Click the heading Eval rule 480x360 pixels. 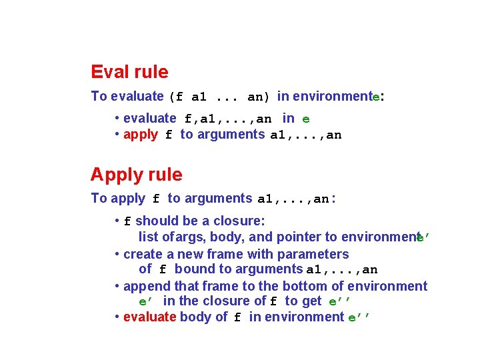(129, 72)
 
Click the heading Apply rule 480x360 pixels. (136, 175)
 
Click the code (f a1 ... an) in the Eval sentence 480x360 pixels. (219, 97)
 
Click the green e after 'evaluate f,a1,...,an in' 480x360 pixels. (306, 119)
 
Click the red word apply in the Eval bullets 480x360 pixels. (141, 134)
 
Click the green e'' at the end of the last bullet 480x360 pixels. (358, 317)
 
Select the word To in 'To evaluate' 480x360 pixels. (99, 96)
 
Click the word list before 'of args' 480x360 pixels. (149, 237)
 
